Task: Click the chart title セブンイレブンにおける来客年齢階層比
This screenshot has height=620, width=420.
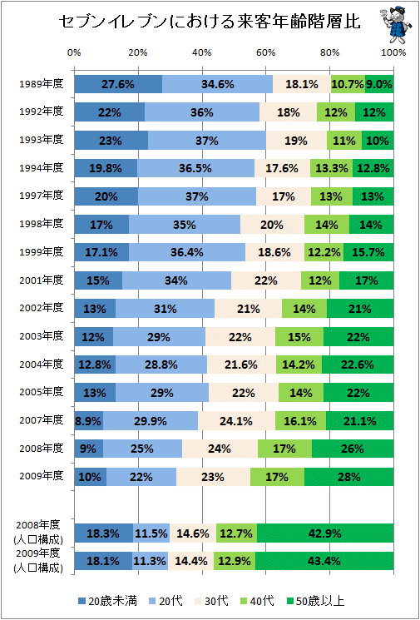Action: (210, 22)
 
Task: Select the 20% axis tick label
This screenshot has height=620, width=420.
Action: (138, 53)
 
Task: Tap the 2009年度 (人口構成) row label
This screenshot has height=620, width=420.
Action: (38, 562)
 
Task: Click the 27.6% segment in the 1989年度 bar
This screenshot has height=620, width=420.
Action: (118, 84)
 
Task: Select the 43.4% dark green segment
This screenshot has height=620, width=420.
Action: (324, 561)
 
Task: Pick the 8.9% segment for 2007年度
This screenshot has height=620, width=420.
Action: (89, 420)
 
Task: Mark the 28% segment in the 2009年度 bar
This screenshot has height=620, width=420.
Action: (348, 476)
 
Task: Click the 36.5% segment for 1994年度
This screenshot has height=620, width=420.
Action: (196, 168)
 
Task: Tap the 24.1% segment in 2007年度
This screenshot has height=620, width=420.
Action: (237, 420)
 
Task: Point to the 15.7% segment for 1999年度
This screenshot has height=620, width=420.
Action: (368, 252)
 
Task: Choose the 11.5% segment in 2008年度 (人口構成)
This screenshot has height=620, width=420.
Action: (151, 533)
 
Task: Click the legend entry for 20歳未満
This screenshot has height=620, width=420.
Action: (108, 602)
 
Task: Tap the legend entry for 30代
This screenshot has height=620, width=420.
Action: (210, 602)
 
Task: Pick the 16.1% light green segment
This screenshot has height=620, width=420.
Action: (301, 420)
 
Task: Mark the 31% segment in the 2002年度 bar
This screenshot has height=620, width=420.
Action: (166, 308)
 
